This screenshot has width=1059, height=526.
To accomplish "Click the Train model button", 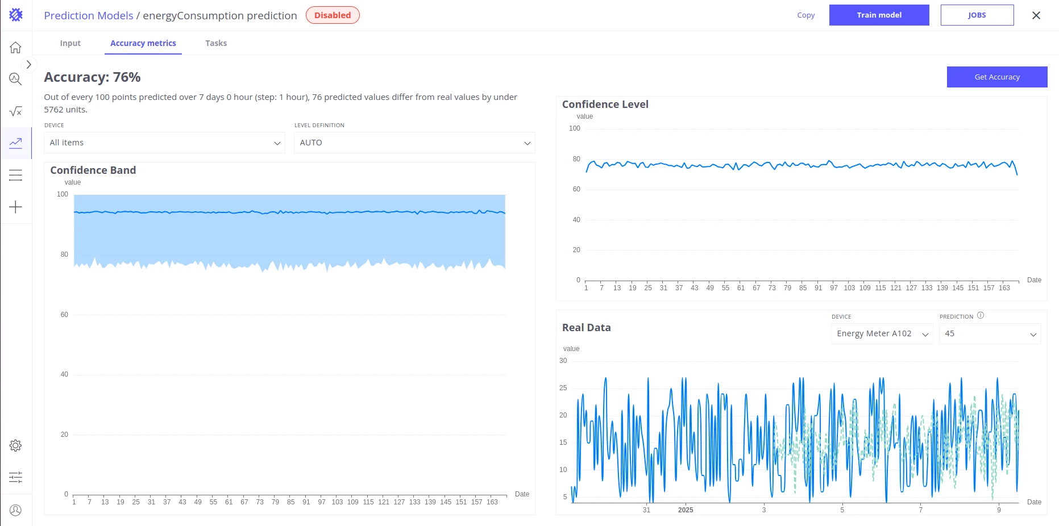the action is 879,15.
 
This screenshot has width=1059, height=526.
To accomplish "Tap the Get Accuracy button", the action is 997,77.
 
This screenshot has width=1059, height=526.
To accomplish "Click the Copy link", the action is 806,15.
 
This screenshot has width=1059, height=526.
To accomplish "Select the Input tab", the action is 70,43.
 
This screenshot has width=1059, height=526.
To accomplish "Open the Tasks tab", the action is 216,43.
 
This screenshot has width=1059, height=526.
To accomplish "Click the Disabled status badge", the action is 333,15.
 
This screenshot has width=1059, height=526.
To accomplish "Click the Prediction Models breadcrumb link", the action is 89,15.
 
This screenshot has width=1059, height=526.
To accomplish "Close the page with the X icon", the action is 1036,15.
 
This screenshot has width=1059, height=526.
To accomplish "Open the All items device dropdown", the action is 165,143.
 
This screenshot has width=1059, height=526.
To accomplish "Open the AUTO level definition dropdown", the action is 414,143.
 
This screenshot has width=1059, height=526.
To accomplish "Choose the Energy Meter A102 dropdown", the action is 882,333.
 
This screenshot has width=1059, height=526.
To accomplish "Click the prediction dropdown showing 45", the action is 990,333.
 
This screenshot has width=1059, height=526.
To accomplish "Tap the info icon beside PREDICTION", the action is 981,316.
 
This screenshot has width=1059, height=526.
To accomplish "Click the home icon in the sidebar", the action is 16,47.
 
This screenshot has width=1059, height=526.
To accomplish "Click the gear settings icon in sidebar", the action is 16,445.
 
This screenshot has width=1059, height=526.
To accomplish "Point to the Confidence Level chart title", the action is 605,105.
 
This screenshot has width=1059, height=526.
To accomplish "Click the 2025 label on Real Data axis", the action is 686,510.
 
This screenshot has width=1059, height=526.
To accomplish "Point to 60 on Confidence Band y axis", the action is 64,315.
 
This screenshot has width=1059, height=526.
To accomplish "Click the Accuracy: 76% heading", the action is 92,77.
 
